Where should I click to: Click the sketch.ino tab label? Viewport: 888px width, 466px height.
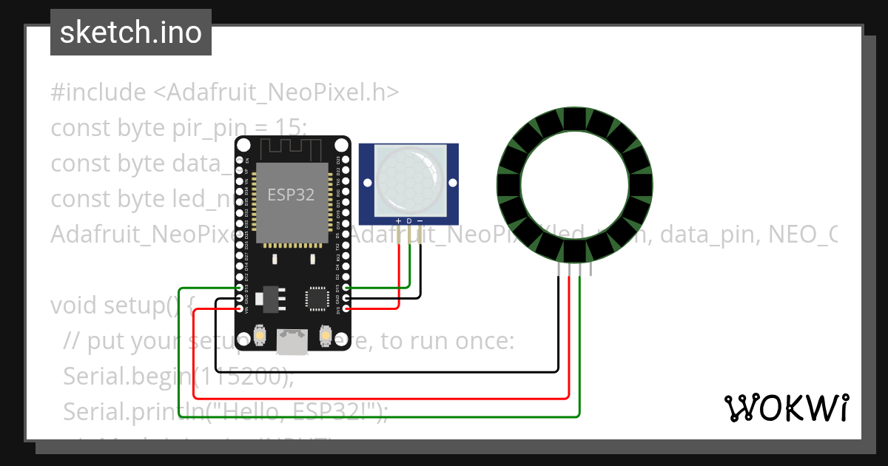[x=131, y=33]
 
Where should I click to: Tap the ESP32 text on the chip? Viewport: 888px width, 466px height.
[x=291, y=195]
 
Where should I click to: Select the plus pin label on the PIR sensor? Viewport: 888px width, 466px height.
[x=399, y=221]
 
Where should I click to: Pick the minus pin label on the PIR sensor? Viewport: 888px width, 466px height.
[x=420, y=221]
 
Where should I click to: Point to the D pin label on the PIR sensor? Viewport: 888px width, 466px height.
[x=409, y=221]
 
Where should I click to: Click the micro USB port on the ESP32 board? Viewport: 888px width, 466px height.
[x=292, y=341]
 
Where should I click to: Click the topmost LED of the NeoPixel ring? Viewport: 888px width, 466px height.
[x=575, y=118]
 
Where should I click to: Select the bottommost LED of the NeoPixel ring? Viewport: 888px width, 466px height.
[x=575, y=252]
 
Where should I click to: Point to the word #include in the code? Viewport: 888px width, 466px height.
[x=98, y=92]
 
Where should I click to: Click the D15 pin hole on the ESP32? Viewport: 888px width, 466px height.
[x=346, y=288]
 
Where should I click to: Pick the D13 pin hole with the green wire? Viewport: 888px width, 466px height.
[x=239, y=288]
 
